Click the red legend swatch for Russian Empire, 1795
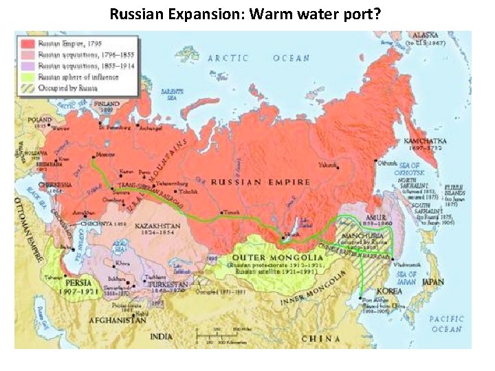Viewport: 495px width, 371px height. [28, 43]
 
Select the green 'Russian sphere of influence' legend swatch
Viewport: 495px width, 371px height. [28, 77]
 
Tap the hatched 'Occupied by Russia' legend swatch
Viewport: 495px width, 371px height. [28, 89]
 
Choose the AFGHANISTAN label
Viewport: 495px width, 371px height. [120, 319]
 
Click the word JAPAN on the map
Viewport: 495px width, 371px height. [433, 281]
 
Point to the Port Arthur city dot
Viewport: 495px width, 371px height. [362, 297]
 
